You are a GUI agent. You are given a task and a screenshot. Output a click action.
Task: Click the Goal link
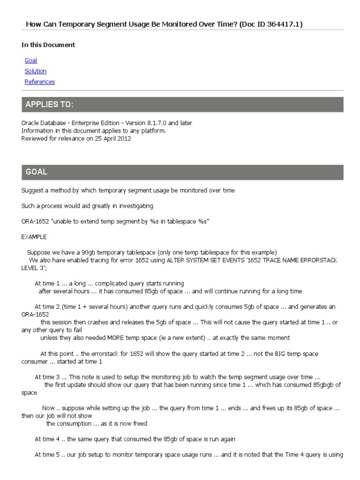coord(30,60)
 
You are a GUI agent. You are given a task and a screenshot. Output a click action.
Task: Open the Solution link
coord(36,71)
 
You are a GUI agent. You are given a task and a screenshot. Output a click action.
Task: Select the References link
coord(39,82)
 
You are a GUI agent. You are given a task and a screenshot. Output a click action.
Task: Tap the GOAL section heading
coord(37,172)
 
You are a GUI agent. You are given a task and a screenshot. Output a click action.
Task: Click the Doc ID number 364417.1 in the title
coord(276,24)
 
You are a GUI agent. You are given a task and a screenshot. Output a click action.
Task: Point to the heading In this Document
coord(48,45)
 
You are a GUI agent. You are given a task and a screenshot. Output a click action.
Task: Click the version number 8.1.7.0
coord(154,123)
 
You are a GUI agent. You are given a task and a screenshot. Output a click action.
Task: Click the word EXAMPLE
coord(34,237)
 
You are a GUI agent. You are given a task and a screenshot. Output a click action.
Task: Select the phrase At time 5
coord(48,455)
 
